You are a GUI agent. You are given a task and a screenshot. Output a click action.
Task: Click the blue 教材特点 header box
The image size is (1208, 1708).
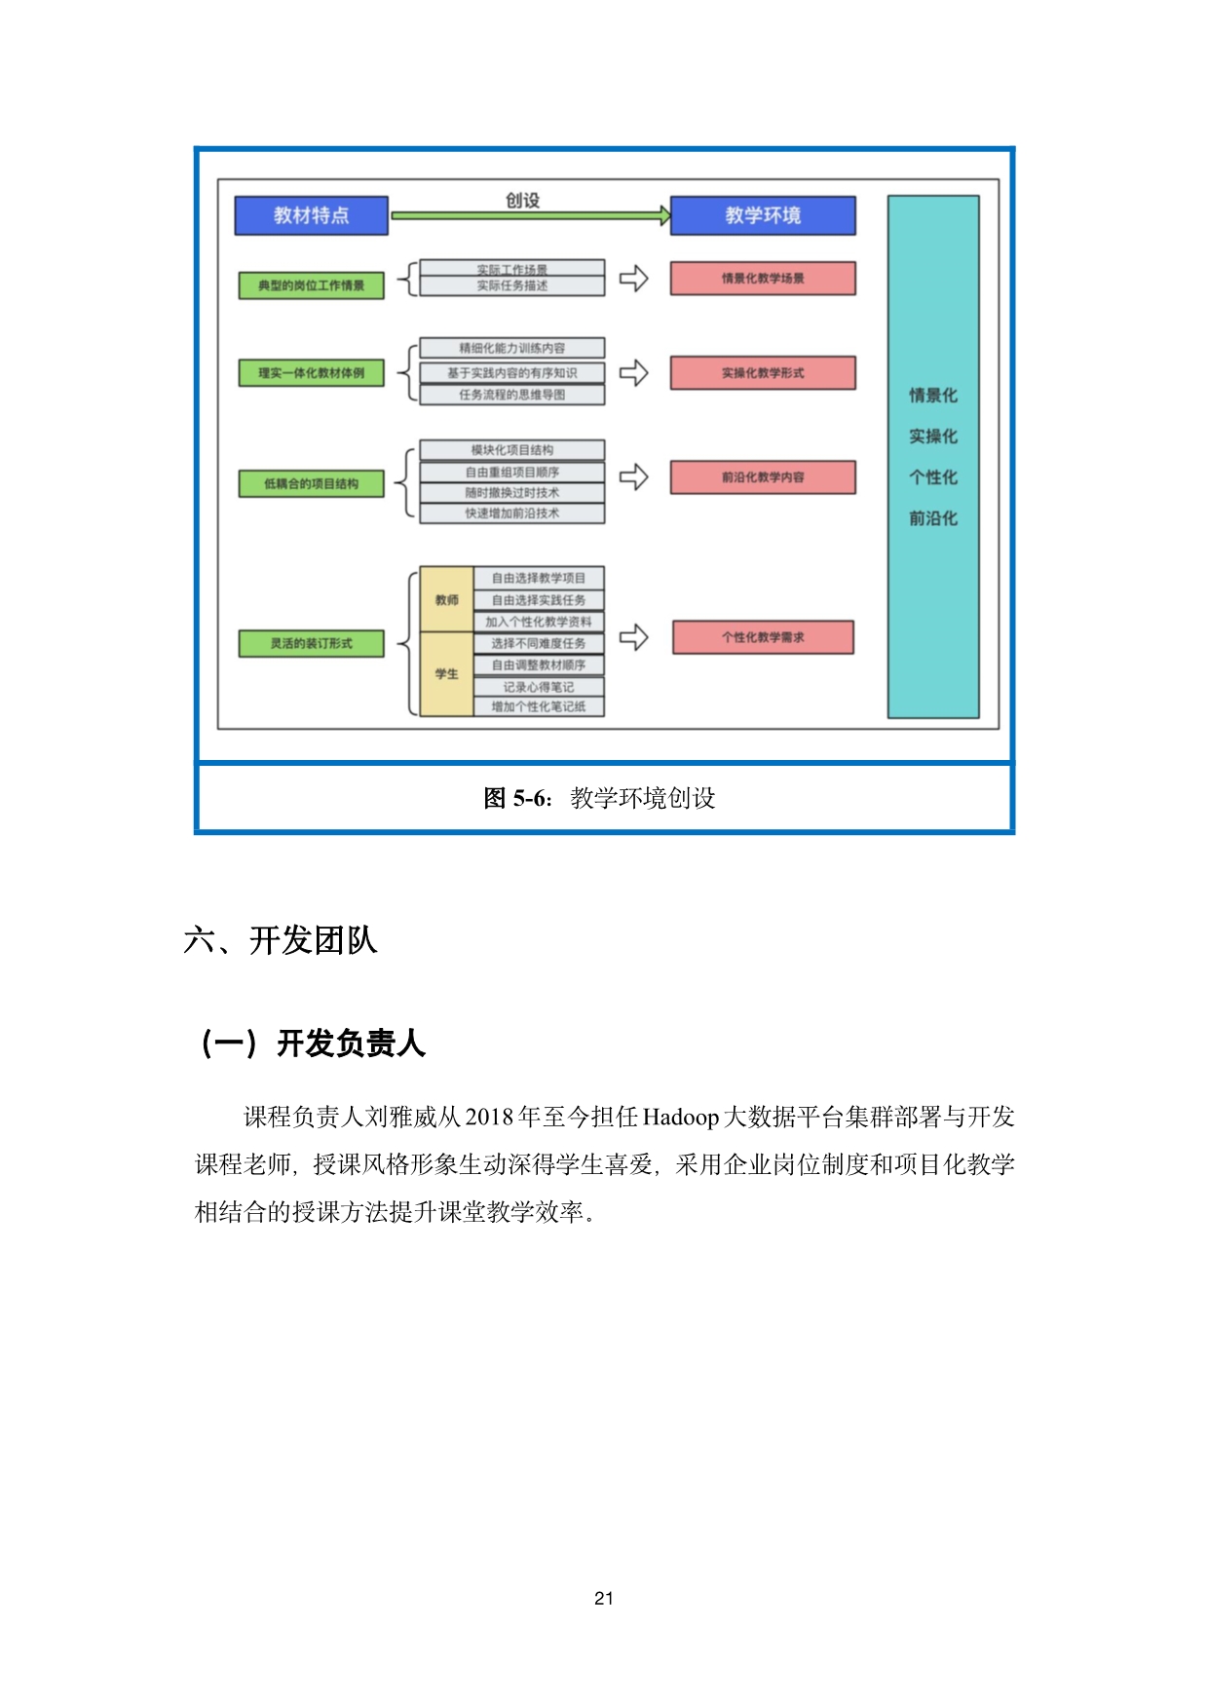tap(311, 215)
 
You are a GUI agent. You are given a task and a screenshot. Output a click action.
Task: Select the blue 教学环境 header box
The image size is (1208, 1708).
tap(763, 215)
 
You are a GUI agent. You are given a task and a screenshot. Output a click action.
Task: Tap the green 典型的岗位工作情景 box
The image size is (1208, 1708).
tap(311, 285)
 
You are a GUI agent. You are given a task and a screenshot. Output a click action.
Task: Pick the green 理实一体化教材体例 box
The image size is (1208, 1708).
tap(311, 373)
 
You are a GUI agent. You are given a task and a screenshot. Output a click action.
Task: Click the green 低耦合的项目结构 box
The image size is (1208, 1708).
tap(311, 483)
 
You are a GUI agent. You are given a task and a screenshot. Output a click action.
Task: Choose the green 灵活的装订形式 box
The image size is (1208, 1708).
tap(311, 643)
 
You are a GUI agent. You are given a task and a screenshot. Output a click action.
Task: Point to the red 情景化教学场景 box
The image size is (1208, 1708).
tap(763, 279)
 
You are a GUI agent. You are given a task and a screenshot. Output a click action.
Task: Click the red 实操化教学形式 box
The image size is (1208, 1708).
tap(763, 373)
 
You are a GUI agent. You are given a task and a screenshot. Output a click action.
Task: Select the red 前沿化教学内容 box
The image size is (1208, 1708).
tap(763, 477)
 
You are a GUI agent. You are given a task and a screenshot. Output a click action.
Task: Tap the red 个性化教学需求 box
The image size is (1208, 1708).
tap(763, 637)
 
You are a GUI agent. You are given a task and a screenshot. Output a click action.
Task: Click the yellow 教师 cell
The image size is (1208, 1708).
tap(446, 599)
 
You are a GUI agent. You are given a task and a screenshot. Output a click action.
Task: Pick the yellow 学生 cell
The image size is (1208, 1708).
tap(446, 673)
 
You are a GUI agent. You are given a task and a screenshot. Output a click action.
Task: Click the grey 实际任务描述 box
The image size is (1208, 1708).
tap(511, 285)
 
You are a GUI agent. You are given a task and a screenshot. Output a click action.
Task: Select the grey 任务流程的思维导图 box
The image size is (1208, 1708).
tap(511, 395)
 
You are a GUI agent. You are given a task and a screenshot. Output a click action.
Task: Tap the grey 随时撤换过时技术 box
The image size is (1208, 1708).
tap(511, 493)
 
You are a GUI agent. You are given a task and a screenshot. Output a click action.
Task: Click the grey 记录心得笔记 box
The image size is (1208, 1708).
tap(539, 687)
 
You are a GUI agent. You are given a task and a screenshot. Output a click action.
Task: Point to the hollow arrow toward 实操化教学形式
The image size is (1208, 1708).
tap(634, 373)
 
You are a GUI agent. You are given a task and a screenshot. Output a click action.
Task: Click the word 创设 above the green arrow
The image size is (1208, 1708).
tap(522, 200)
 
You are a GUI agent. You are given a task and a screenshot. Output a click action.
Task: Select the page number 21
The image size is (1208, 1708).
tap(604, 1598)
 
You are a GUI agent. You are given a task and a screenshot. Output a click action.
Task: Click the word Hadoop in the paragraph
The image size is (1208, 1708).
tap(681, 1117)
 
